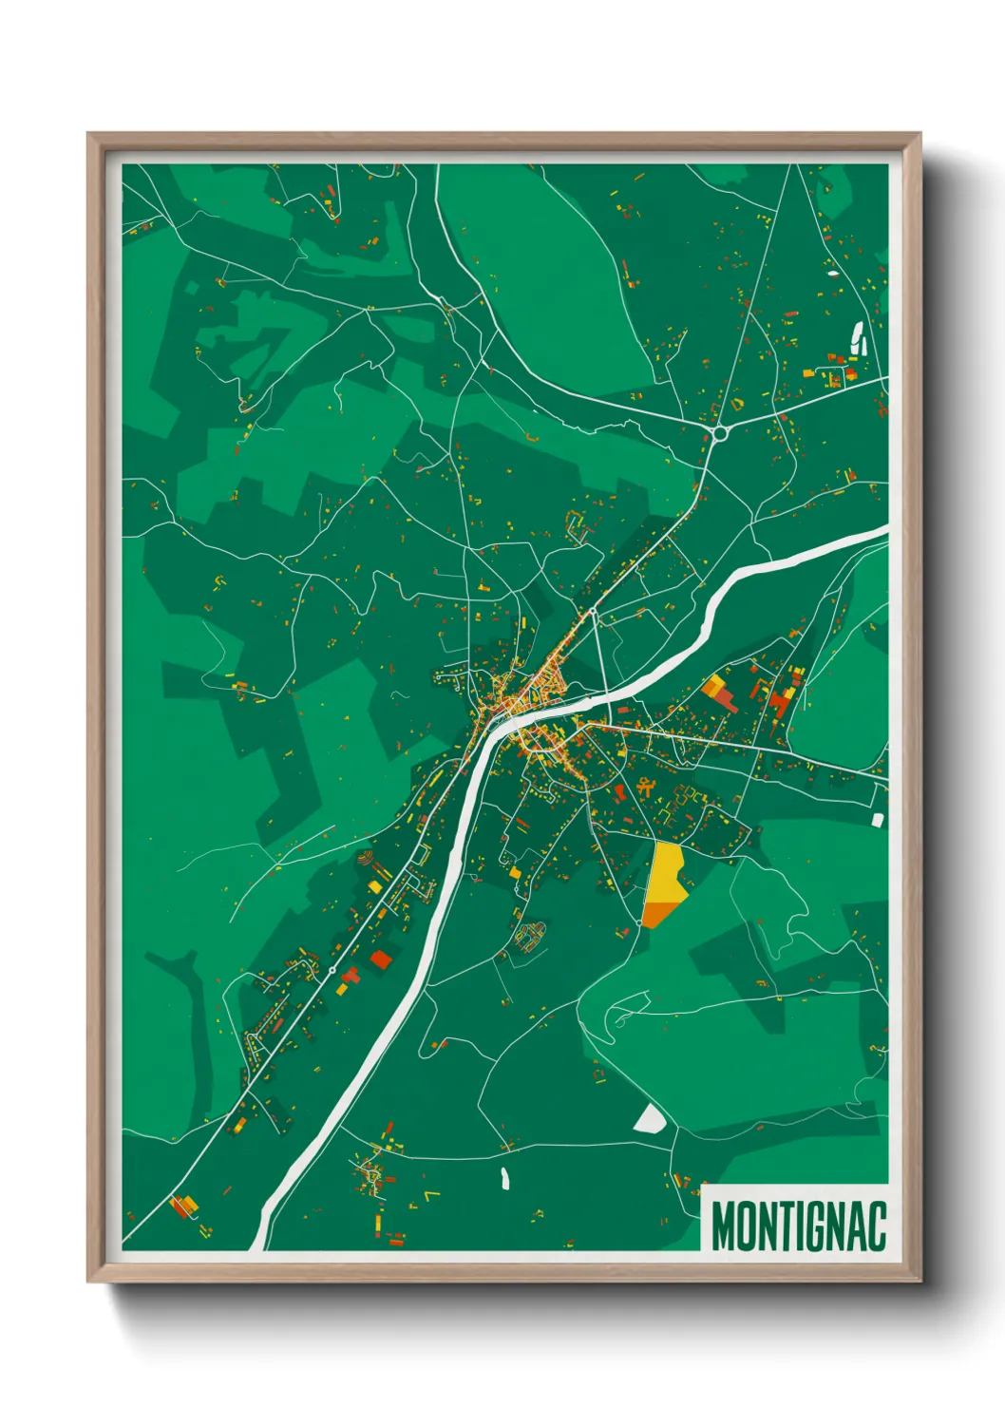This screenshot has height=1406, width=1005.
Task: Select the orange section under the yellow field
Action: [659, 914]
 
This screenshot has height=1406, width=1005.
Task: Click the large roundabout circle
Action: [719, 433]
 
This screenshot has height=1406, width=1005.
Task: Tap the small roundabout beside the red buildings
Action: [332, 970]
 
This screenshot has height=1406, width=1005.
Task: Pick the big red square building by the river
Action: [380, 959]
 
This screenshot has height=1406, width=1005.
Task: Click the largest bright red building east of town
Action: [780, 703]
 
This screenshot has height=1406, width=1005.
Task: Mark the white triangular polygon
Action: [651, 1119]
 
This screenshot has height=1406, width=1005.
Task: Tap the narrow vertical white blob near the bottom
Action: [504, 1179]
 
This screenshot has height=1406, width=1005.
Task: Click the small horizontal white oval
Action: [833, 274]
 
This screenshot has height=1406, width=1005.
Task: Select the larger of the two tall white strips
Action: [856, 336]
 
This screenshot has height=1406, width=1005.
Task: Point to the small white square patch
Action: [878, 818]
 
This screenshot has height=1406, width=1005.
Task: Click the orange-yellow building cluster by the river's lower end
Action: [184, 1206]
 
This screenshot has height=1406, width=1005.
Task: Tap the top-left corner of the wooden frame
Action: [88, 134]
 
